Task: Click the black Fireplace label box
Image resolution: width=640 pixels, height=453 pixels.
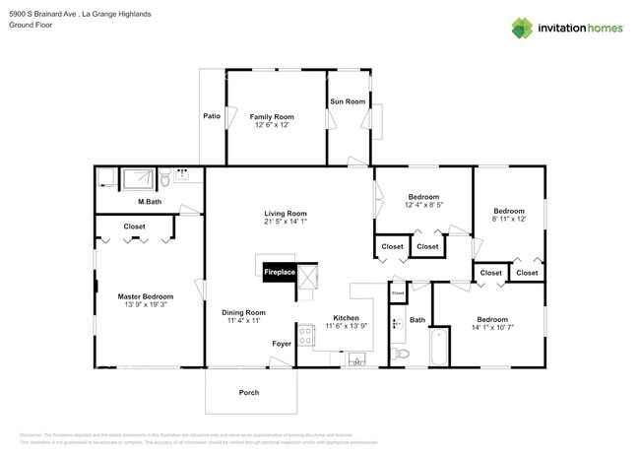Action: tap(278, 271)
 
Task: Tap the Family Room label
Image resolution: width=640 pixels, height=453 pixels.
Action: tap(271, 116)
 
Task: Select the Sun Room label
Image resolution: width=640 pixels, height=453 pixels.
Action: tap(348, 101)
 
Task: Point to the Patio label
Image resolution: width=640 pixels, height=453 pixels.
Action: tap(212, 116)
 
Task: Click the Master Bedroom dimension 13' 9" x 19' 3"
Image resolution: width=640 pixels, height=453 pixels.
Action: tap(146, 305)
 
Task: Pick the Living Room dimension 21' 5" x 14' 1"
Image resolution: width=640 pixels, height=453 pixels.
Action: tap(286, 223)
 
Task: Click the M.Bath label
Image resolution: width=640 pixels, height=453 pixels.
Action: tap(150, 203)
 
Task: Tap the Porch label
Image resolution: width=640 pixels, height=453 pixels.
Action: tap(249, 392)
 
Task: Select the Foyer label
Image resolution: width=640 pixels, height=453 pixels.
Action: tap(282, 344)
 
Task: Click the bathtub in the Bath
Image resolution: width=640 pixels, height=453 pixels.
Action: tap(440, 349)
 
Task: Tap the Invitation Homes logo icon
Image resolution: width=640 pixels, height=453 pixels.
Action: tap(524, 28)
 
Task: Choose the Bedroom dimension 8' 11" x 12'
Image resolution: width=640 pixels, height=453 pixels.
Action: tap(509, 220)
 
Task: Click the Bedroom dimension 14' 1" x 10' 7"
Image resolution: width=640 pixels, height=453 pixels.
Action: tap(492, 328)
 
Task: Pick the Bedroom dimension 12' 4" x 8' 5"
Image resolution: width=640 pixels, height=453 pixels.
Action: tap(423, 205)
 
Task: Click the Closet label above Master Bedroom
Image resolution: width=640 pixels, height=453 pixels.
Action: tap(135, 226)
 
